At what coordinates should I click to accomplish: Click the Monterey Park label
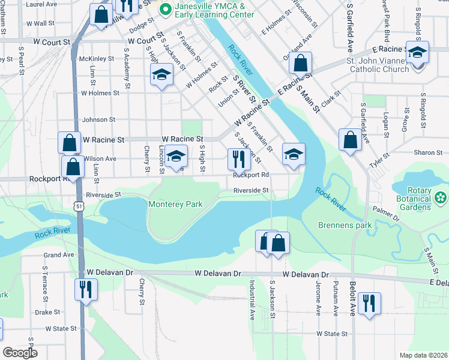175,204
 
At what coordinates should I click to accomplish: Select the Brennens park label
345,226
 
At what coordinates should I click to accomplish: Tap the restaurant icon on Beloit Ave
369,302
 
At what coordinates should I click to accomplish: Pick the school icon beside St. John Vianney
417,52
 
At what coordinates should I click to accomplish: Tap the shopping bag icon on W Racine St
70,143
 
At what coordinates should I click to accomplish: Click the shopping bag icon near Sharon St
349,140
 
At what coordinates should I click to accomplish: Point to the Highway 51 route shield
80,206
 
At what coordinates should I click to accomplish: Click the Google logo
20,353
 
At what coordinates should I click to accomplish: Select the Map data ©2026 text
423,355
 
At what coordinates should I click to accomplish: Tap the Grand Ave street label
58,255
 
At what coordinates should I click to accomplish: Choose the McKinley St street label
97,59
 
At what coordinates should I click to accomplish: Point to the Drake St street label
47,312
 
